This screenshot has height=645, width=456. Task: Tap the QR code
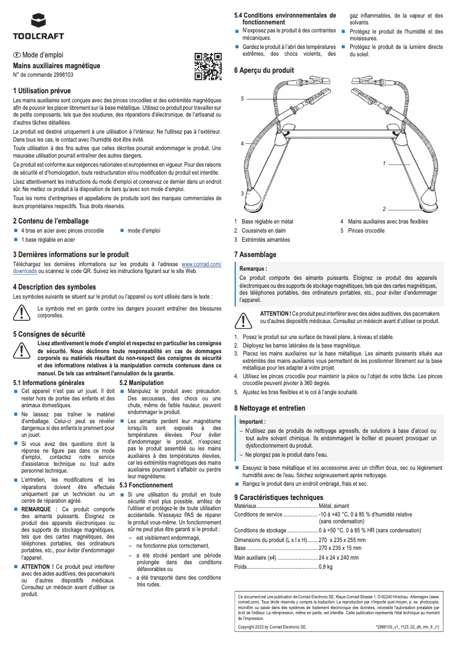click(208, 67)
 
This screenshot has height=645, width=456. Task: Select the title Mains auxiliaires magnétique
click(56, 66)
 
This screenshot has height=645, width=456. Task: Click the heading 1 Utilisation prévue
click(42, 90)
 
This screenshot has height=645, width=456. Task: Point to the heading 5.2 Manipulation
click(142, 383)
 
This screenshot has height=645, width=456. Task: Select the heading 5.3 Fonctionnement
click(146, 485)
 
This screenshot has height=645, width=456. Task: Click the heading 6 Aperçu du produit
click(264, 71)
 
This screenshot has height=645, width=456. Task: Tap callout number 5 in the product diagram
click(242, 99)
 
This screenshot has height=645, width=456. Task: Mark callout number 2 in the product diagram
click(384, 209)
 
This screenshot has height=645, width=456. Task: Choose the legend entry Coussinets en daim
click(263, 230)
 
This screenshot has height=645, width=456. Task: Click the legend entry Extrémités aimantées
click(266, 239)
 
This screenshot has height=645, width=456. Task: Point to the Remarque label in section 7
click(254, 268)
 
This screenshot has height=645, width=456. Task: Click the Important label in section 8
click(252, 421)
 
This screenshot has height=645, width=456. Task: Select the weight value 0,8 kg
click(326, 567)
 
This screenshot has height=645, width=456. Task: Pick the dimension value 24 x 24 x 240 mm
click(339, 557)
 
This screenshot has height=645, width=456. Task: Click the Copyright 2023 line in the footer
click(272, 626)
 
